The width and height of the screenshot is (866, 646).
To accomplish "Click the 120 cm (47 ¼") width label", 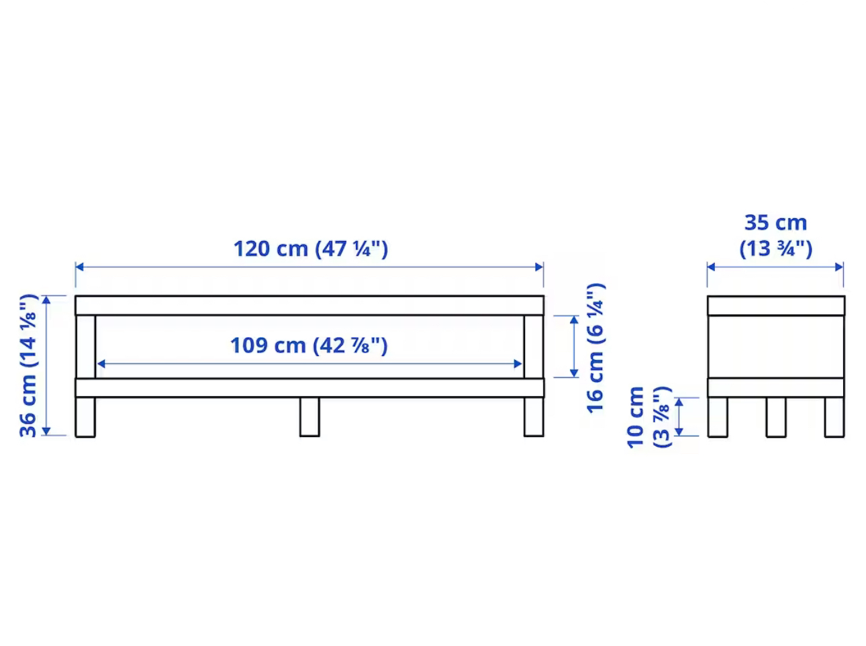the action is point(311,248).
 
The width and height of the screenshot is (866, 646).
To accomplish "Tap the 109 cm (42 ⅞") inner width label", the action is point(309,345).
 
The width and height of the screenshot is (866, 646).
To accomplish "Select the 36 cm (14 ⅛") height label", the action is point(28,365).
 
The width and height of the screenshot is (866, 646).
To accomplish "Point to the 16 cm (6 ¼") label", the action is point(595,348).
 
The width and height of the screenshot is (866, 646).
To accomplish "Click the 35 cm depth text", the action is point(775,223).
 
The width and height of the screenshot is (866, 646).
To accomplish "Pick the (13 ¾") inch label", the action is point(775,248).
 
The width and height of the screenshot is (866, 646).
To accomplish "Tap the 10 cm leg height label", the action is point(635,417).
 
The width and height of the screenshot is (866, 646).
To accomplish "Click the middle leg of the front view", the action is point(309,417).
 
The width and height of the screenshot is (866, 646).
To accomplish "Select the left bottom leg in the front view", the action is point(85,417).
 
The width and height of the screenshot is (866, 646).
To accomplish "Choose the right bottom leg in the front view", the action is point(534,417).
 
